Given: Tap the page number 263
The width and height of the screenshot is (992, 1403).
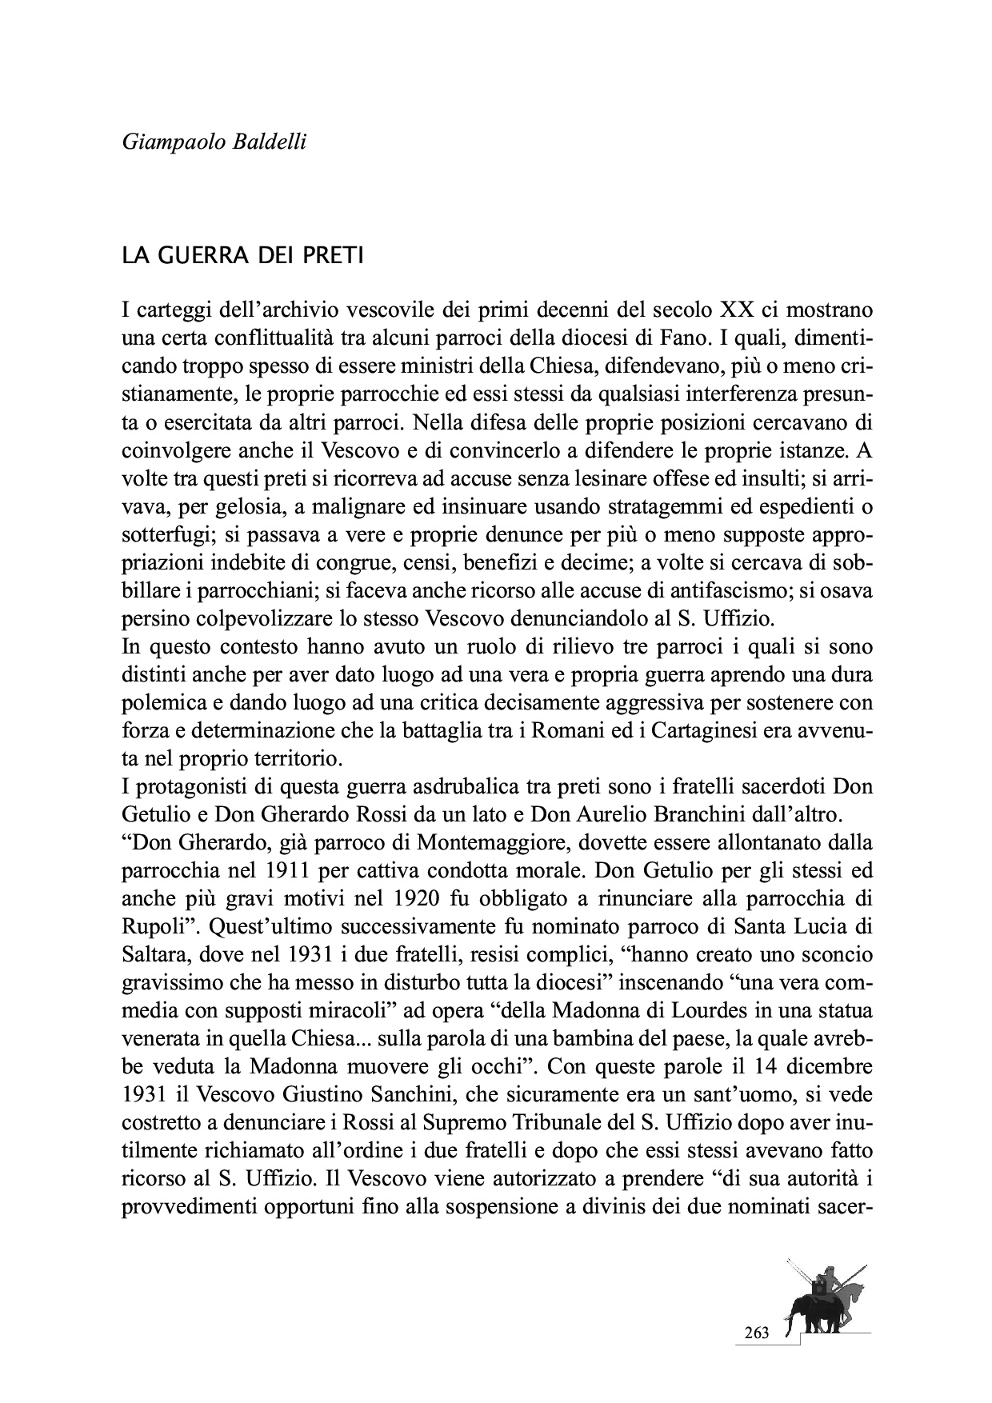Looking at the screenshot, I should coord(755,1333).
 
